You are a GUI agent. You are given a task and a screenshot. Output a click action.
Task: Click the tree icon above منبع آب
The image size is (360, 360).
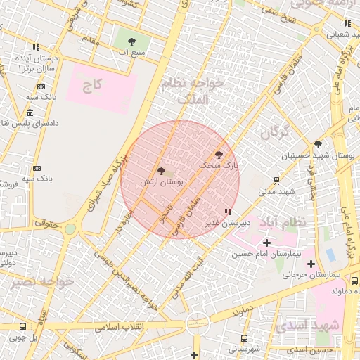click(x=132, y=41)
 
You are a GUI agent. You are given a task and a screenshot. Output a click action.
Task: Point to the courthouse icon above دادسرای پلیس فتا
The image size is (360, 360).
click(x=29, y=112)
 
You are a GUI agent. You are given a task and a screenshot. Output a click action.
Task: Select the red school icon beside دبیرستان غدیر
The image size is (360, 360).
click(x=226, y=211)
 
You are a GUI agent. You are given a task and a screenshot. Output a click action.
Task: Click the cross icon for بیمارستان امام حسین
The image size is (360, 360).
click(x=266, y=243)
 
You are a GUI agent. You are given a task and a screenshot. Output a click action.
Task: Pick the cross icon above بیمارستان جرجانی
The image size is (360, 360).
click(x=311, y=264)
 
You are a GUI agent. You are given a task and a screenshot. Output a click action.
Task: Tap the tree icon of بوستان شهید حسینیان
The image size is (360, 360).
click(x=318, y=143)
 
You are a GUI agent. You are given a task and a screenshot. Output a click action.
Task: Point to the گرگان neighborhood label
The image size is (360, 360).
click(x=274, y=131)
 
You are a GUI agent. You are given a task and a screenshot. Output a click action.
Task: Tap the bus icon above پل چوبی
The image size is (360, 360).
click(x=23, y=326)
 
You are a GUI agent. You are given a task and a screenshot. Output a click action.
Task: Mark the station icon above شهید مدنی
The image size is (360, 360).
click(x=277, y=180)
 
